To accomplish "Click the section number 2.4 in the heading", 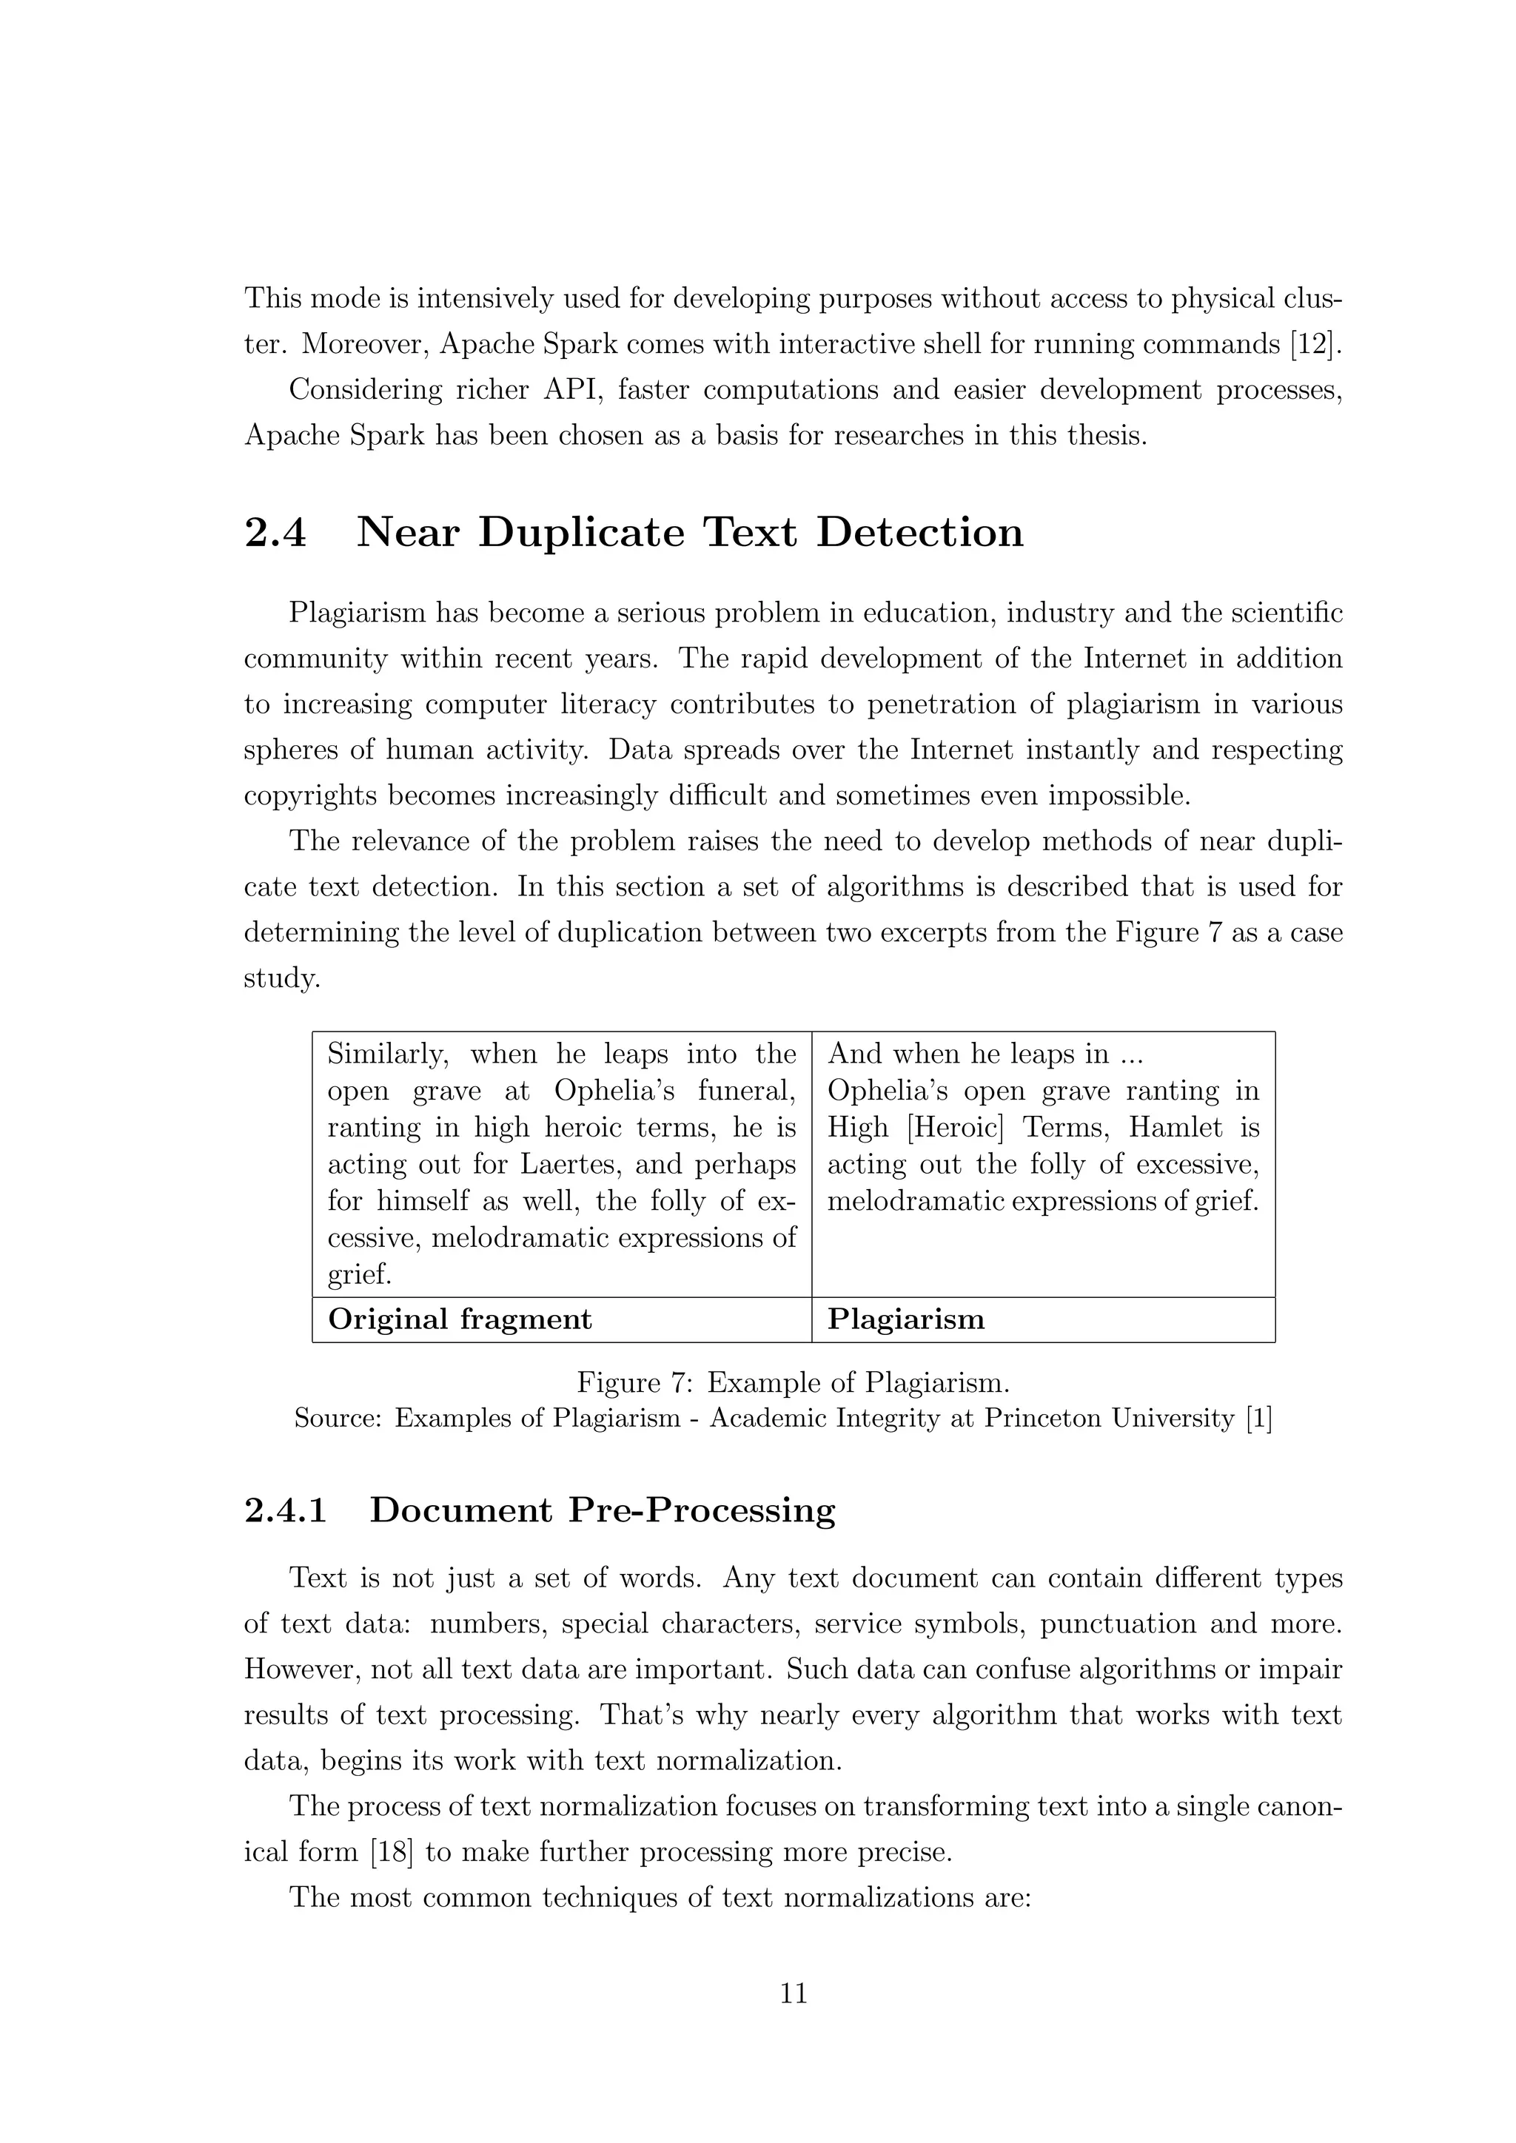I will (x=275, y=533).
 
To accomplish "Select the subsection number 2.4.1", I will (x=286, y=1510).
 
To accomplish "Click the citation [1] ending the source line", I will (x=1258, y=1419).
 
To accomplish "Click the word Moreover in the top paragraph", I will (x=365, y=344).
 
